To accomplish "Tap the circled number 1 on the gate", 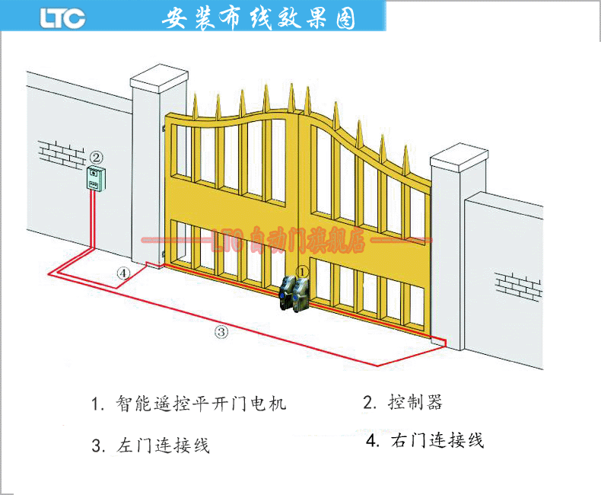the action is pos(302,270).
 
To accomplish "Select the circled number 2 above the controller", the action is pos(96,157).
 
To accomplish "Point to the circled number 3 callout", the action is pos(221,331).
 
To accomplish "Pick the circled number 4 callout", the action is pos(123,273).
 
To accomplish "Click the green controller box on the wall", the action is pos(94,179).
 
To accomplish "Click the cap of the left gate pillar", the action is pos(159,79).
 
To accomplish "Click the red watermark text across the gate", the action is pos(289,242).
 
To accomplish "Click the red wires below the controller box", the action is pos(92,221).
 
